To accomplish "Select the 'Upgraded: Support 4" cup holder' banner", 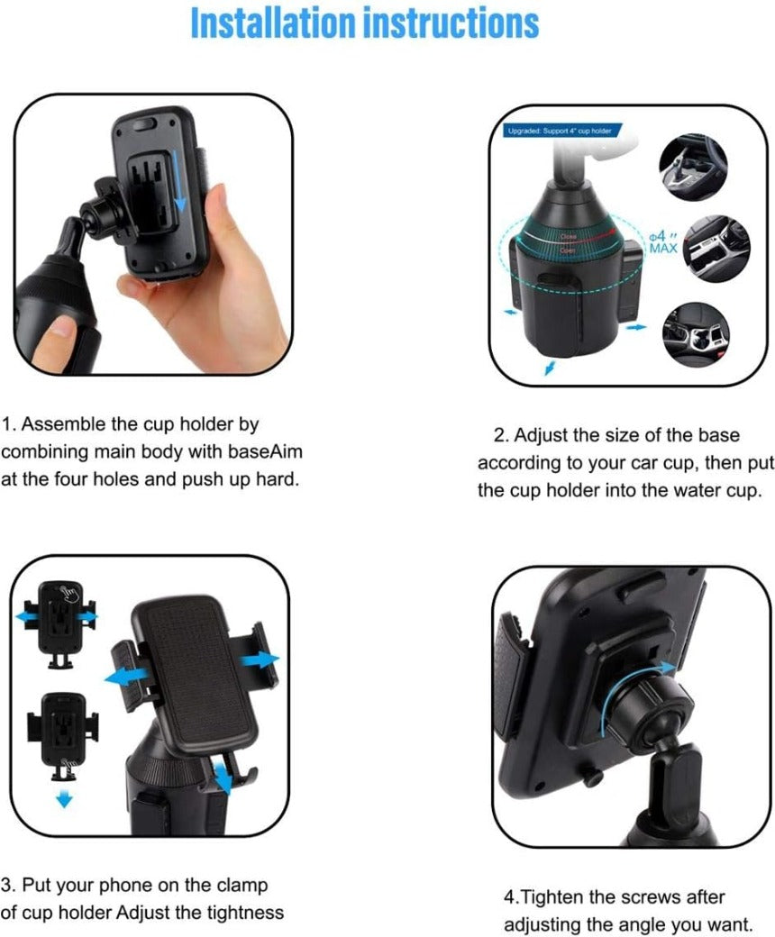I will coord(560,132).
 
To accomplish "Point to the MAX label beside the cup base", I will coord(663,247).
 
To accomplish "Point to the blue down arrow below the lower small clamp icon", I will coord(62,799).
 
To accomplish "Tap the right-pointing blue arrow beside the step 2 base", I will coord(636,327).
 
